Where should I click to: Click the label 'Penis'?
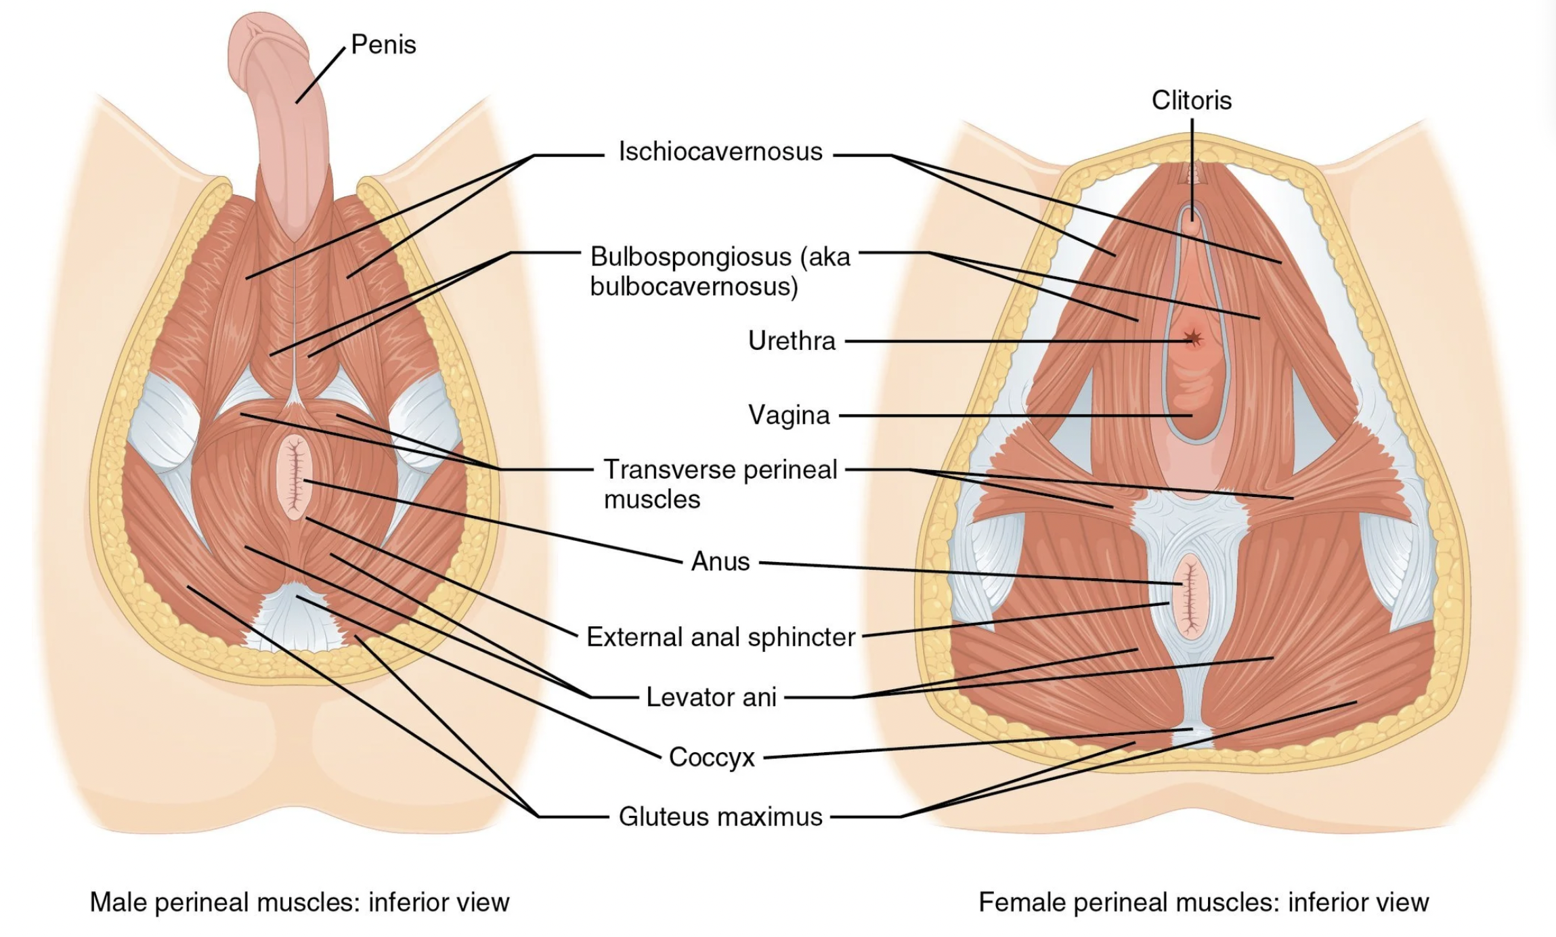click(383, 45)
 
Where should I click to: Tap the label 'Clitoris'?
click(1191, 100)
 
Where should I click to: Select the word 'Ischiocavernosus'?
click(720, 152)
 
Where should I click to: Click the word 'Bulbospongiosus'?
click(691, 257)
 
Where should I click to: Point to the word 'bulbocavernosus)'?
click(694, 287)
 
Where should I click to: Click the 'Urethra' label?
click(792, 341)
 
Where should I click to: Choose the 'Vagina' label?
click(789, 415)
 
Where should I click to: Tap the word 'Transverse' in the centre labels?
click(669, 469)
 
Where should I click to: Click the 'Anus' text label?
click(720, 561)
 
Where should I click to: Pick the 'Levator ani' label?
click(711, 697)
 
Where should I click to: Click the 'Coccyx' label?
click(712, 757)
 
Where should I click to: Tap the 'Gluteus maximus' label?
click(720, 816)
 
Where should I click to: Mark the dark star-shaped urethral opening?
click(1193, 337)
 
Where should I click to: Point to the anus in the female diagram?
click(1190, 596)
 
